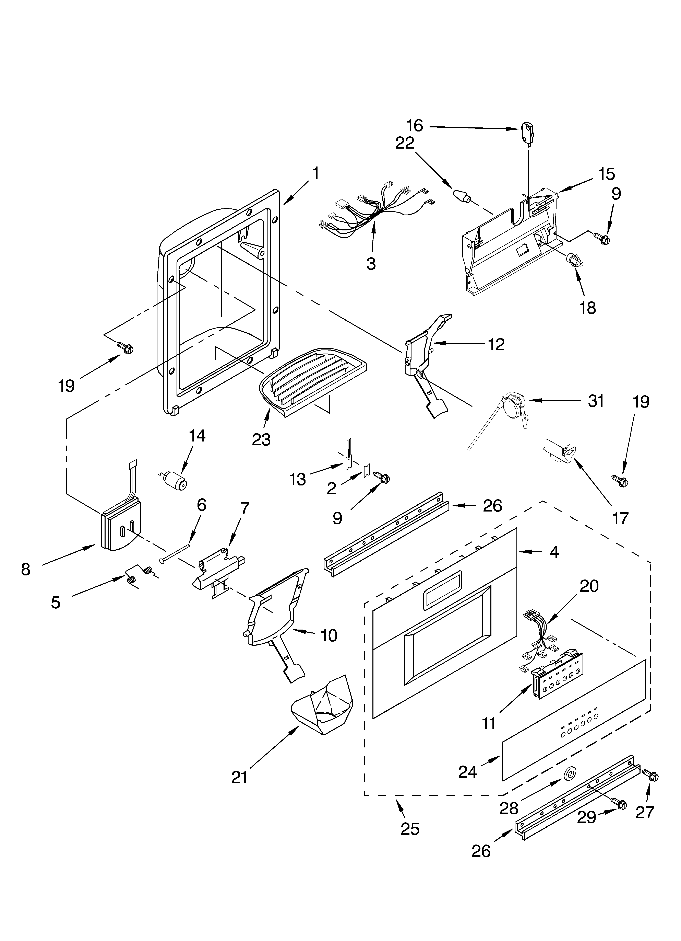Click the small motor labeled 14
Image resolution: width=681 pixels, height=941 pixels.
pos(174,480)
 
